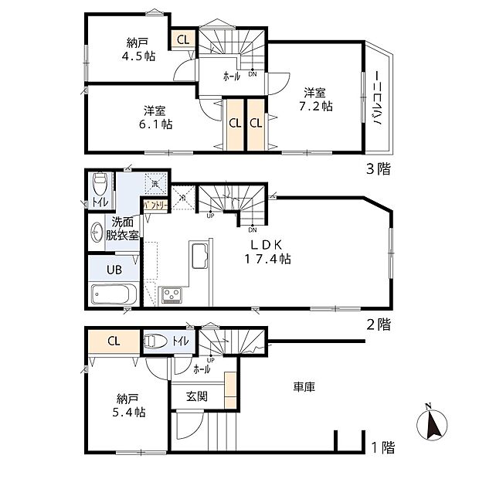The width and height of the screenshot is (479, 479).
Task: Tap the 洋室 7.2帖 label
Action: pos(317,98)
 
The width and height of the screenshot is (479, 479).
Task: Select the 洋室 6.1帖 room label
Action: pos(157,116)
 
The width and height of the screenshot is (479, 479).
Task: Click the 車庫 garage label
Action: pos(304,386)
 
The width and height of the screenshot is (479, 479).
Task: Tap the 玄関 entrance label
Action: pos(196,396)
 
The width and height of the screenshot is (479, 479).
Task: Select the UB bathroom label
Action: pos(113,270)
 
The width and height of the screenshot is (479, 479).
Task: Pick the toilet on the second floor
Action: pos(99,186)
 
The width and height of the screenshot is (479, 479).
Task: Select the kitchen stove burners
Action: pos(171,294)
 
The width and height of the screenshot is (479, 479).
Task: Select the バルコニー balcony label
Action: pos(379,100)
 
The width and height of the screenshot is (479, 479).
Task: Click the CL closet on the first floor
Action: pos(113,340)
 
